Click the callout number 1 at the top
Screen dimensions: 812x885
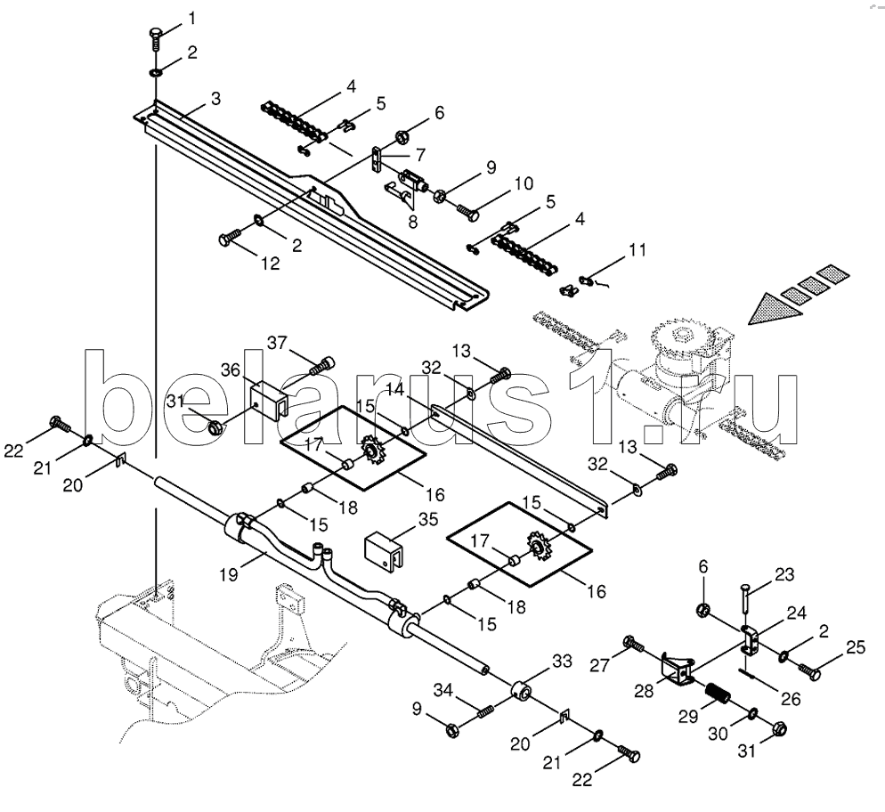(192, 17)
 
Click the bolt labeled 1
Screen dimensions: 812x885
(156, 41)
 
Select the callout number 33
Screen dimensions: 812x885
(562, 662)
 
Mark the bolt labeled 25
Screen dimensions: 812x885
(808, 669)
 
